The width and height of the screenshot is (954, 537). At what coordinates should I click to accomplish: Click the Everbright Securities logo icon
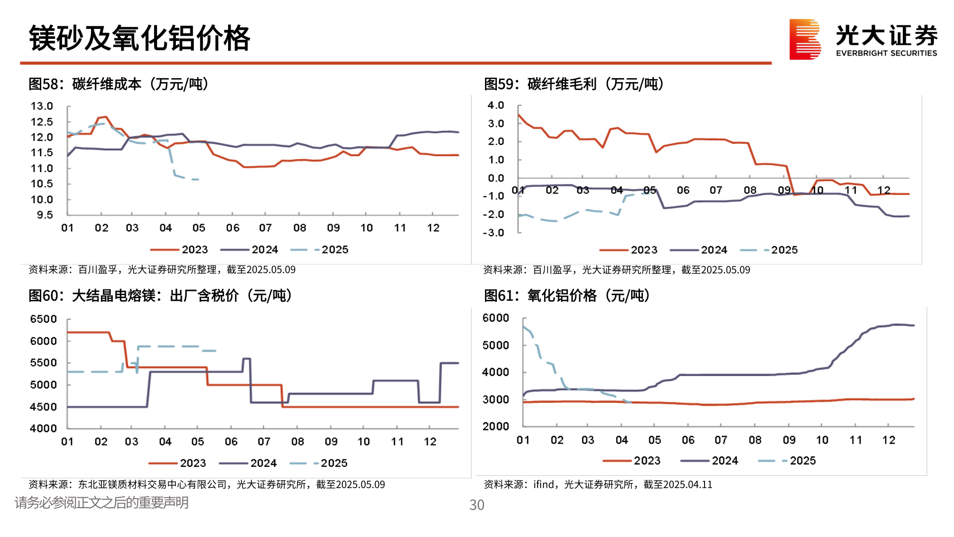(x=804, y=39)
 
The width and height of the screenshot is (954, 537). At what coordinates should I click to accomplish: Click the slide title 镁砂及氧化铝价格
(x=140, y=38)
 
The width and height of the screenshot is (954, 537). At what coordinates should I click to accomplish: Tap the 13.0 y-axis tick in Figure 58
(x=42, y=106)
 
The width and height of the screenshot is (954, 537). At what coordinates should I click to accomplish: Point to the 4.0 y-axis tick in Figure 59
(x=495, y=105)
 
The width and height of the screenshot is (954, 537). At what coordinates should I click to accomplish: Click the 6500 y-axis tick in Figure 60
(x=43, y=319)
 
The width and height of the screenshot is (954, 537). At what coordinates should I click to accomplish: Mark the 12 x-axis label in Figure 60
(x=430, y=442)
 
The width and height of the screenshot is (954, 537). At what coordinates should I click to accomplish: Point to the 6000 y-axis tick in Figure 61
(x=495, y=318)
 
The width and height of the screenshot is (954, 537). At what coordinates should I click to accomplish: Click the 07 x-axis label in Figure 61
(x=720, y=440)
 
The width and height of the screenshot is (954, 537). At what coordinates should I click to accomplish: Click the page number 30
(x=477, y=505)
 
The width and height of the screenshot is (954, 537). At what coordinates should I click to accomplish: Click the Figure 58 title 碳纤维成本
(x=106, y=84)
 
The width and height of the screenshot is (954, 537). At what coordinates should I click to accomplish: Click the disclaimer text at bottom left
(x=101, y=503)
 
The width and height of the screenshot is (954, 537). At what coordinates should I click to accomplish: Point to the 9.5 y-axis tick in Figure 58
(x=44, y=215)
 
